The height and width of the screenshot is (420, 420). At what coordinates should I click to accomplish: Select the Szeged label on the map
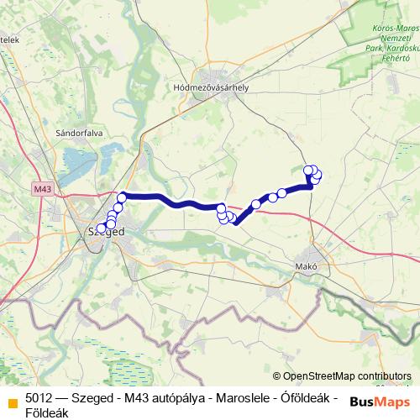107,232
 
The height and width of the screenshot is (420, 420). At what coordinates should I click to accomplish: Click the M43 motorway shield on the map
45,190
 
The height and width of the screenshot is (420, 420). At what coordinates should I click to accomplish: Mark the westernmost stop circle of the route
102,228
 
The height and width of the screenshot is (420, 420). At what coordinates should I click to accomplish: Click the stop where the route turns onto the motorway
122,197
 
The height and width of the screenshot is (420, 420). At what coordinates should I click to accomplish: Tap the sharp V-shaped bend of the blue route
236,223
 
